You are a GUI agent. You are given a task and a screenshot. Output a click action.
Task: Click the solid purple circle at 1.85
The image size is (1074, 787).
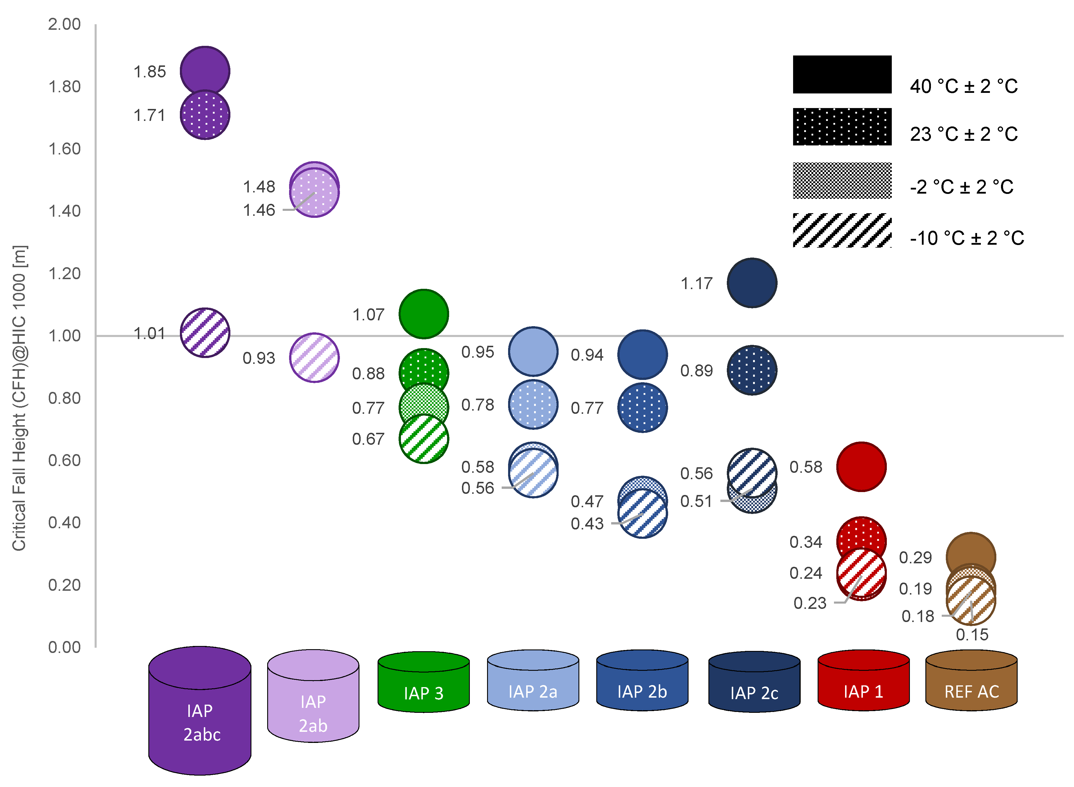click(205, 70)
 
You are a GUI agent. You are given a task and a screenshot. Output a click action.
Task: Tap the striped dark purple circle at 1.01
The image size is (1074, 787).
click(205, 333)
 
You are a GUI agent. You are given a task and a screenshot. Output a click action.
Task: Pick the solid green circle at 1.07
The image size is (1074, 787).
click(423, 313)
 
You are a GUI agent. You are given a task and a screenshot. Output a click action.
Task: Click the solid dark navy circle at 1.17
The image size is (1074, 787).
click(752, 283)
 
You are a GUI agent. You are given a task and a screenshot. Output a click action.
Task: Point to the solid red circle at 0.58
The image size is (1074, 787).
click(861, 466)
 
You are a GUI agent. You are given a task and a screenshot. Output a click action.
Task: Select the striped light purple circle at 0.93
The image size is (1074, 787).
click(314, 357)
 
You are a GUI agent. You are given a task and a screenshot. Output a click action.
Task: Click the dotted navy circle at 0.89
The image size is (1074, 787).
click(752, 370)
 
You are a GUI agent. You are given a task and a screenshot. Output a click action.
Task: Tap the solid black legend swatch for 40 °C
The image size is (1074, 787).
click(842, 74)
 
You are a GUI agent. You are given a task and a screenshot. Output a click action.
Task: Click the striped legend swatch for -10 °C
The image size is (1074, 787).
click(842, 230)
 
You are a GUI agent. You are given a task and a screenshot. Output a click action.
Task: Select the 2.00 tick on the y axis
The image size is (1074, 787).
click(64, 24)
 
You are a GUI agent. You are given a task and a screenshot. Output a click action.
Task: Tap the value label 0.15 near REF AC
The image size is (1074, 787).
click(972, 635)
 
